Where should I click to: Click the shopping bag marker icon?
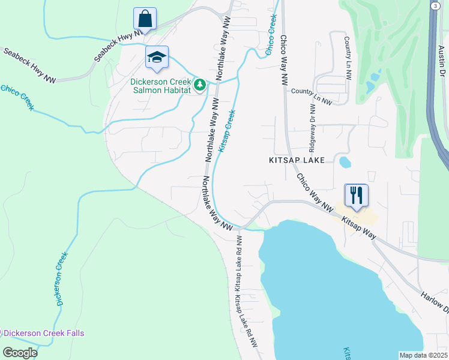[x=145, y=18]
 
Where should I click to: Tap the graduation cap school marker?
[x=157, y=57]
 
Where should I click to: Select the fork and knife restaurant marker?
[x=356, y=195]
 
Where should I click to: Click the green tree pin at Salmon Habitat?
[x=199, y=86]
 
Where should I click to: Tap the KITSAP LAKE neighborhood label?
[x=296, y=161]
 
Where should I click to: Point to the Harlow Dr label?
[x=434, y=302]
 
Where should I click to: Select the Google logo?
[x=20, y=353]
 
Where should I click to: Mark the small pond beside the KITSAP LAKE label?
[x=345, y=161]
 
